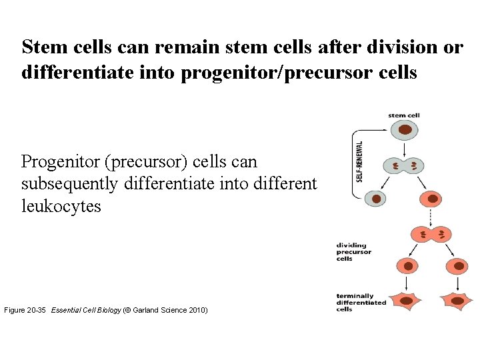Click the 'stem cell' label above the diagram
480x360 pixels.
coord(404,115)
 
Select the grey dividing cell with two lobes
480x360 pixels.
coord(403,165)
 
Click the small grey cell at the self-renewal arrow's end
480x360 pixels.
coord(378,199)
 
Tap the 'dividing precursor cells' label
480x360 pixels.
coord(354,252)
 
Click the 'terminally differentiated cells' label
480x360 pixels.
coord(361,303)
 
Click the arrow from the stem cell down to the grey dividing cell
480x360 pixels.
coord(403,147)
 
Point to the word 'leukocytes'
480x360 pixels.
coord(61,206)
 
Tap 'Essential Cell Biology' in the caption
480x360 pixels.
coord(86,311)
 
